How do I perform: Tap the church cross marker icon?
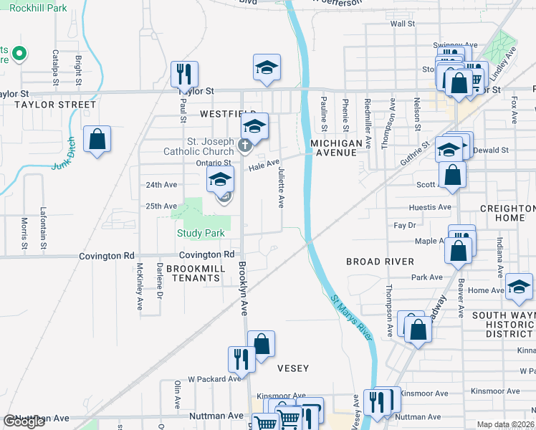tap(244, 146)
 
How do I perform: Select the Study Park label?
tap(202, 233)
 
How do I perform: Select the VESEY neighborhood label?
tap(293, 368)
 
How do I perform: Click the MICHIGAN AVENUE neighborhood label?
tap(337, 148)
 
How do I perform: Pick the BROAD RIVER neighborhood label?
tap(380, 262)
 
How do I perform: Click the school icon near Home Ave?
tap(518, 286)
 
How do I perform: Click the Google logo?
tap(24, 421)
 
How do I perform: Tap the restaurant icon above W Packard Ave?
tap(241, 359)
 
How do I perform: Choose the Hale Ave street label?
tap(264, 166)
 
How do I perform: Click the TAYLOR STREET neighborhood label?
tap(55, 105)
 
